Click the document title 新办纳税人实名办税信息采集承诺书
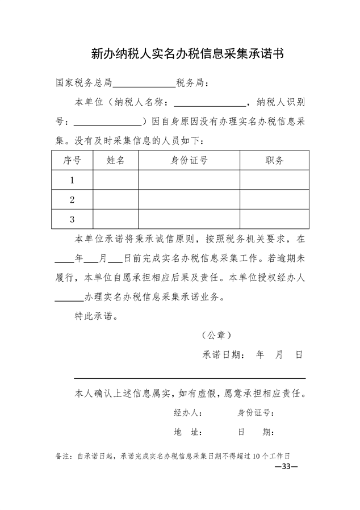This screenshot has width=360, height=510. click(187, 54)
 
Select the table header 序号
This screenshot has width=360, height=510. click(72, 160)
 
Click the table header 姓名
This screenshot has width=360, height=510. click(115, 160)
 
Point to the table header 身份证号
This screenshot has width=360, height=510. click(189, 160)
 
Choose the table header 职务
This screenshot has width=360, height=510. click(274, 160)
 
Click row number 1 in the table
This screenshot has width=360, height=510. click(72, 180)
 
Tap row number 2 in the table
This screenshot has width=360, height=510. click(72, 199)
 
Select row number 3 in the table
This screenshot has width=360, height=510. click(72, 219)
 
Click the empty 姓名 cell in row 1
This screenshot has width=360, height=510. click(115, 180)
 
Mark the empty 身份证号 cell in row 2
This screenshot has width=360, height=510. click(189, 199)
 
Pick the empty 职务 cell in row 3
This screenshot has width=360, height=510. click(274, 219)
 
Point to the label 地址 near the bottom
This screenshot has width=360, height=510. click(188, 432)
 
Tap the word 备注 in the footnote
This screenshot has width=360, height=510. click(64, 456)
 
